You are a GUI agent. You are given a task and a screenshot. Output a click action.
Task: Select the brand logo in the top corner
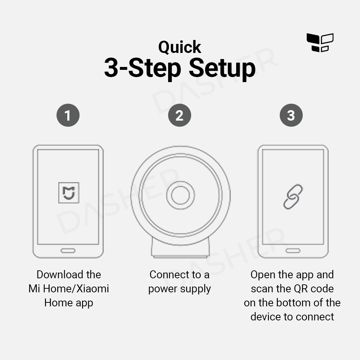tap(320, 42)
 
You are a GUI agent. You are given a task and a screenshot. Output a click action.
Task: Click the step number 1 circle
tap(68, 115)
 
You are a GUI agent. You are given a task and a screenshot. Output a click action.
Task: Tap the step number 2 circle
tap(180, 115)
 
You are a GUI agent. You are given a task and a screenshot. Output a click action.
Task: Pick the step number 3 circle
tap(291, 115)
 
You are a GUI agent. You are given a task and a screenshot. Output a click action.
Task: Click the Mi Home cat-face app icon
tap(69, 193)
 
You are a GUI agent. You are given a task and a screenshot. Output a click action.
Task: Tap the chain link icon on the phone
tap(293, 197)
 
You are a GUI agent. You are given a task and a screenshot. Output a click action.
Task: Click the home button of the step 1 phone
tap(68, 251)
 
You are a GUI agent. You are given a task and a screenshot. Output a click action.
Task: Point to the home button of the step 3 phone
tap(293, 251)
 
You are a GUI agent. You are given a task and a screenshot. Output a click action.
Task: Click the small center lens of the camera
tap(180, 195)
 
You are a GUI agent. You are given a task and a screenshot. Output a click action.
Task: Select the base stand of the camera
tap(180, 249)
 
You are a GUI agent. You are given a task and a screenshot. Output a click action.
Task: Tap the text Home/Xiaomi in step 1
tap(76, 289)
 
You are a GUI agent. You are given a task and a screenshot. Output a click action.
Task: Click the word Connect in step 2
tap(170, 275)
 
